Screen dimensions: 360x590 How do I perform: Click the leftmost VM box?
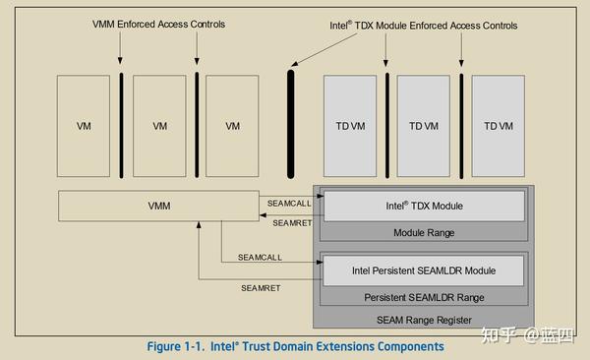click(x=83, y=126)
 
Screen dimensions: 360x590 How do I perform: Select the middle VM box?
click(x=159, y=126)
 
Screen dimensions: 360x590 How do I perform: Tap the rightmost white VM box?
click(x=233, y=126)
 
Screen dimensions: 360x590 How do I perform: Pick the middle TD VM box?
click(x=424, y=126)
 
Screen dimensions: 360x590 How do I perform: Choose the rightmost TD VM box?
click(x=498, y=126)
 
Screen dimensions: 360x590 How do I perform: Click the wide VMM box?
click(x=158, y=207)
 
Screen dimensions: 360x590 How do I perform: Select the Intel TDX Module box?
click(x=424, y=207)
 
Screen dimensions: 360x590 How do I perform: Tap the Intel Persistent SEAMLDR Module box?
click(x=424, y=270)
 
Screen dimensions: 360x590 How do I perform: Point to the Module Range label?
click(x=424, y=233)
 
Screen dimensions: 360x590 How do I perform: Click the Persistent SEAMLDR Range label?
click(x=424, y=297)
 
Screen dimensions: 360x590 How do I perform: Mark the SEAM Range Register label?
click(x=424, y=320)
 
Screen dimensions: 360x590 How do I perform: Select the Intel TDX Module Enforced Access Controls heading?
click(x=424, y=24)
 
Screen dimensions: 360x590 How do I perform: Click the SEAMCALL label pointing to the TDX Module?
click(x=290, y=204)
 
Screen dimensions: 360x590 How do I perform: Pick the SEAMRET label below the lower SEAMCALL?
click(x=262, y=287)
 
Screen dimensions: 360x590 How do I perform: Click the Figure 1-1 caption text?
click(x=295, y=346)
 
